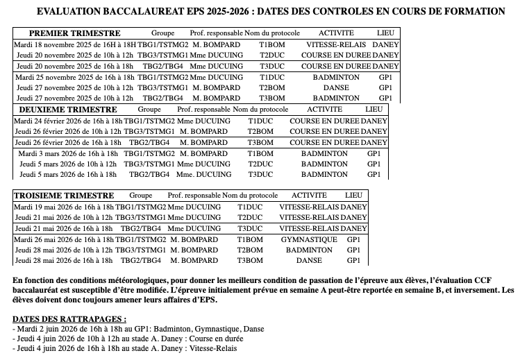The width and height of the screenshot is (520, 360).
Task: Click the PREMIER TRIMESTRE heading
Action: click(74, 33)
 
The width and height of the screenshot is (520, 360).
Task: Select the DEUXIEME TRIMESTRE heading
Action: click(68, 110)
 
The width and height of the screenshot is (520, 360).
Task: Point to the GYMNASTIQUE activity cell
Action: click(303, 239)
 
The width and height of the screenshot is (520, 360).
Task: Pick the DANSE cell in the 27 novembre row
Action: click(336, 88)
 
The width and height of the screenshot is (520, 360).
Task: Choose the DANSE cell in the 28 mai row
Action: click(309, 260)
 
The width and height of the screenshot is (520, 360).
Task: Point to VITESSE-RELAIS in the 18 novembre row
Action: click(337, 44)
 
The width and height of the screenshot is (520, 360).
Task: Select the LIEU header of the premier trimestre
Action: click(384, 33)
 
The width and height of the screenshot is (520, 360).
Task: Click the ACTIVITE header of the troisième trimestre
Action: click(309, 196)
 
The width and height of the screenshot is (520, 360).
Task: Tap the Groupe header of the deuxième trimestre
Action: click(149, 110)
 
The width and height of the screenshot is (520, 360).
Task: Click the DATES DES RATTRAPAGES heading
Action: click(69, 318)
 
